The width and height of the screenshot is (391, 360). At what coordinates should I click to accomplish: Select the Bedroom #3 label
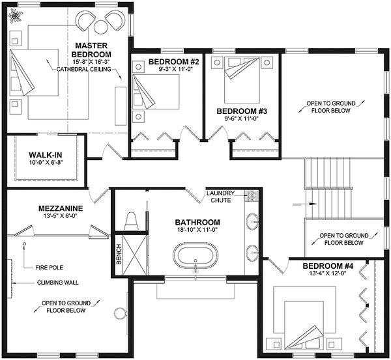(238, 111)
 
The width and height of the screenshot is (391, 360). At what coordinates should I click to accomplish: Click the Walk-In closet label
(46, 155)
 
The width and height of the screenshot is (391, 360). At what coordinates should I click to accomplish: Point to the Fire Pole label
(48, 267)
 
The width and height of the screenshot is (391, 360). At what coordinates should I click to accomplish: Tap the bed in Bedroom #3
(240, 79)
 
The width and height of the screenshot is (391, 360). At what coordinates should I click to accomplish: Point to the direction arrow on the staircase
(313, 204)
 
